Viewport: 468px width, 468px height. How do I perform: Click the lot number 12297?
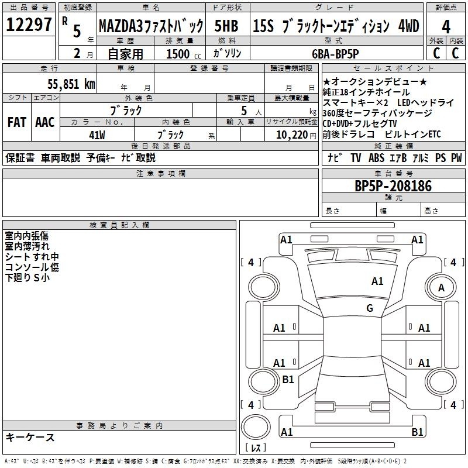click(29, 25)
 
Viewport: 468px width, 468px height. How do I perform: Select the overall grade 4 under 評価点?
click(446, 27)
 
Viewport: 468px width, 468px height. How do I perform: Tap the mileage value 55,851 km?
click(71, 84)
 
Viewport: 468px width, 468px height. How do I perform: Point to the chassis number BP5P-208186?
click(393, 186)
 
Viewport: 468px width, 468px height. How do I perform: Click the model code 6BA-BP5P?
click(335, 54)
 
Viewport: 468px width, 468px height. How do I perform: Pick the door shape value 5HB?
click(226, 26)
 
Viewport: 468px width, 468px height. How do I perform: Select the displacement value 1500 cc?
click(184, 54)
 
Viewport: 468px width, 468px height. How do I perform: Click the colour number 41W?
click(97, 135)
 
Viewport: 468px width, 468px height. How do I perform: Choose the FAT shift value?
click(17, 122)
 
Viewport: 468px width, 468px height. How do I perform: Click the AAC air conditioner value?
click(45, 122)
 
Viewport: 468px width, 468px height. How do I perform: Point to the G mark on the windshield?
click(370, 308)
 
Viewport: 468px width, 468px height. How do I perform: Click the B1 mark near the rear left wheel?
click(288, 379)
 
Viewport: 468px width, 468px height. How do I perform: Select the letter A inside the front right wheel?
click(441, 288)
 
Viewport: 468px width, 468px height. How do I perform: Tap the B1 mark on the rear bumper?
click(417, 432)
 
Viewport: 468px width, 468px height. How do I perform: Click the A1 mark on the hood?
click(377, 281)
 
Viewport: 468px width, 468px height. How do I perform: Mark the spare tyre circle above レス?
click(256, 427)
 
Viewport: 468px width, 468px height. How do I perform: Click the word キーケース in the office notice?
click(30, 438)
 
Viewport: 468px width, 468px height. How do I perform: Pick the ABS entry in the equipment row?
click(376, 158)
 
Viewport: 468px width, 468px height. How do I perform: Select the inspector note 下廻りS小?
click(27, 277)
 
